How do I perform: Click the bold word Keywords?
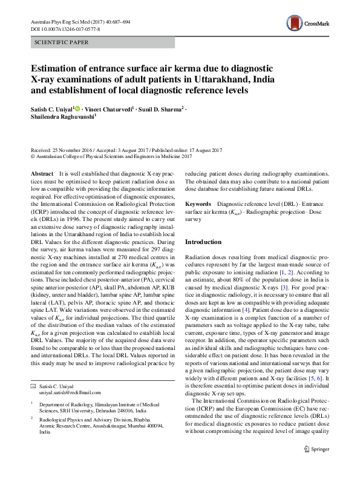(197, 205)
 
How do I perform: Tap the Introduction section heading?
(203, 242)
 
